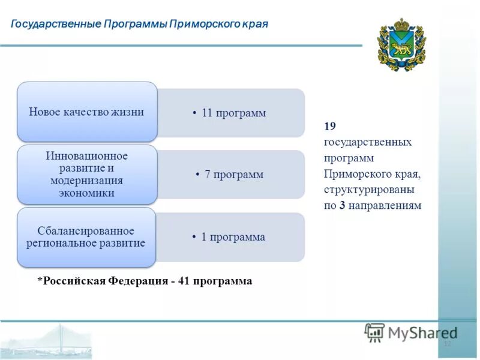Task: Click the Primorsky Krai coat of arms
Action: (x=401, y=44)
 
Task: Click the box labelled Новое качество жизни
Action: (x=87, y=112)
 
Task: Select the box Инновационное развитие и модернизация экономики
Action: (x=87, y=174)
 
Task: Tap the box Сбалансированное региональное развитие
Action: (x=87, y=237)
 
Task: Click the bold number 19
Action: (x=329, y=126)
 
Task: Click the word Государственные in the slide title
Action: (x=56, y=24)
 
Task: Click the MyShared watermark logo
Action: (x=411, y=332)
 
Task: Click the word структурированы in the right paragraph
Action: (x=370, y=190)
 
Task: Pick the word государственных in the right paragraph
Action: (x=367, y=142)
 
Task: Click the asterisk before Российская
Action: (x=40, y=281)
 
